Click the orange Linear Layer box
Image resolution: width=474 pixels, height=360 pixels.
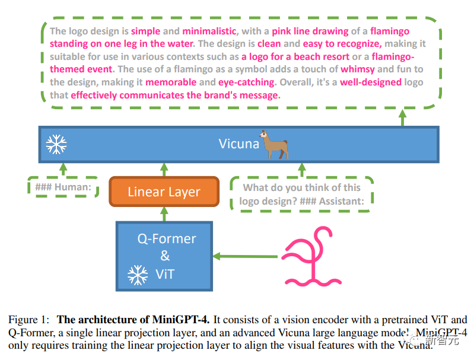point(164,192)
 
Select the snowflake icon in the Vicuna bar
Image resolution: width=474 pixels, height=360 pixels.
point(56,144)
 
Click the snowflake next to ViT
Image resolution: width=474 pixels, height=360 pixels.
point(138,275)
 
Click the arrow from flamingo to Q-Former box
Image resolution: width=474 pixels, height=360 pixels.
point(245,257)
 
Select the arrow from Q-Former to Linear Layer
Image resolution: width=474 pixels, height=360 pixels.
point(164,214)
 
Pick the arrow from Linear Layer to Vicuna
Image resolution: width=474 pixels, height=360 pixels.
point(164,170)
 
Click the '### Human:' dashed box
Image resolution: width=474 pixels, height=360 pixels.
point(63,187)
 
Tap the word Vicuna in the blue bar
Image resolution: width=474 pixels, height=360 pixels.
point(239,144)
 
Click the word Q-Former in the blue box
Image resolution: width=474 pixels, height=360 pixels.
point(167,239)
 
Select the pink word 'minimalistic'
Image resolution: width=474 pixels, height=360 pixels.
point(209,31)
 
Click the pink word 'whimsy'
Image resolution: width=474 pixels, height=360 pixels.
point(358,69)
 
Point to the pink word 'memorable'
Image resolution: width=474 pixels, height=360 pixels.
point(171,82)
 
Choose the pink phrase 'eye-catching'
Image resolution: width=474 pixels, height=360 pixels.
point(246,82)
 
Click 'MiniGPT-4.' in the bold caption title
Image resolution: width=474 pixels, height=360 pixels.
point(180,320)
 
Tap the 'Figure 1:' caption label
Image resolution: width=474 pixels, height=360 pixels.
point(28,320)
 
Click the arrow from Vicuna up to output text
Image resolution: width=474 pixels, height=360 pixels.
point(402,117)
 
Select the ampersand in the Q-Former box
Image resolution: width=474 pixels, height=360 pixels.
point(165,256)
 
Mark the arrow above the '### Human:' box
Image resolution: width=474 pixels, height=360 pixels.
point(63,170)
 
